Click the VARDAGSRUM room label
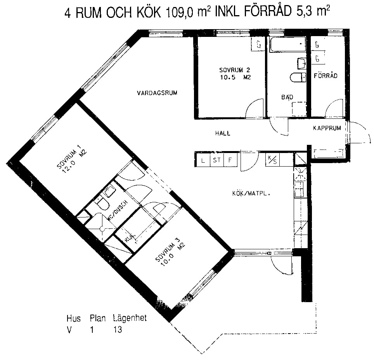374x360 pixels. (157, 93)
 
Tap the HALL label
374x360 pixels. (223, 133)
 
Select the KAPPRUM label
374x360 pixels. (327, 128)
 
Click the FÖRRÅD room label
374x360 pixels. (326, 76)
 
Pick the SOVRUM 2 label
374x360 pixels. (234, 70)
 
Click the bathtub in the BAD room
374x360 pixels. (287, 44)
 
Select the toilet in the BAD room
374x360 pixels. (298, 77)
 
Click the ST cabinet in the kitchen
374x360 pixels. (216, 160)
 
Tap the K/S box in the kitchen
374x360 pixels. (272, 160)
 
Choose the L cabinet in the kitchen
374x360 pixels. (203, 160)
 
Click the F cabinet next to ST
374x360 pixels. (230, 160)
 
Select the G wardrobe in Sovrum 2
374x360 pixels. (258, 44)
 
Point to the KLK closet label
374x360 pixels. (130, 237)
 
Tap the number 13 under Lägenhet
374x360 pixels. (118, 330)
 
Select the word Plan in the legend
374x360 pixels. (98, 318)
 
